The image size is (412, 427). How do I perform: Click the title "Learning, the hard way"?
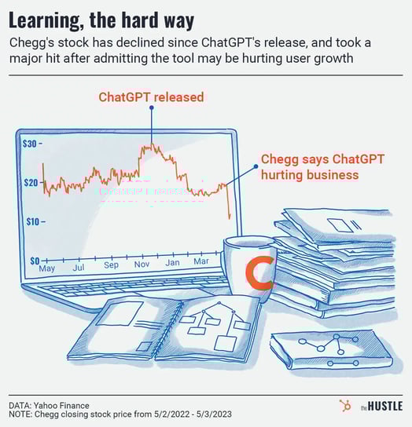(x=101, y=20)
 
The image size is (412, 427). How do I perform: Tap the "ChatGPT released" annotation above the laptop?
(x=151, y=97)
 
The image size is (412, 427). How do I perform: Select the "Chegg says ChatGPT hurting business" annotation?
(x=323, y=167)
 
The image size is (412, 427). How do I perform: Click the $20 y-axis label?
(x=31, y=182)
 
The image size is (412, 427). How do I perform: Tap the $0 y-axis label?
(x=35, y=261)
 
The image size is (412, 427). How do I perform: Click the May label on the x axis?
(x=47, y=268)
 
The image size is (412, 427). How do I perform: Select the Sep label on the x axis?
(x=111, y=265)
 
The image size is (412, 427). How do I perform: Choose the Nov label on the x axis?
(x=142, y=264)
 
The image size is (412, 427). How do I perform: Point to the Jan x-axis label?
(x=172, y=262)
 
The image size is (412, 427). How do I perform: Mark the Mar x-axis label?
(x=201, y=261)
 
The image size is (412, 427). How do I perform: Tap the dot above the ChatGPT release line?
(x=152, y=108)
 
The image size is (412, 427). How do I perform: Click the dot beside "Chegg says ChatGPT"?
(x=256, y=166)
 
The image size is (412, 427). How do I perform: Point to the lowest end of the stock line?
(x=230, y=219)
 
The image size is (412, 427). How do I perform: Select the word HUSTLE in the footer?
(x=385, y=406)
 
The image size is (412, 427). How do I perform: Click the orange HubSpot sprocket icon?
(x=345, y=406)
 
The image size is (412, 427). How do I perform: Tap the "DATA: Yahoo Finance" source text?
(x=49, y=406)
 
